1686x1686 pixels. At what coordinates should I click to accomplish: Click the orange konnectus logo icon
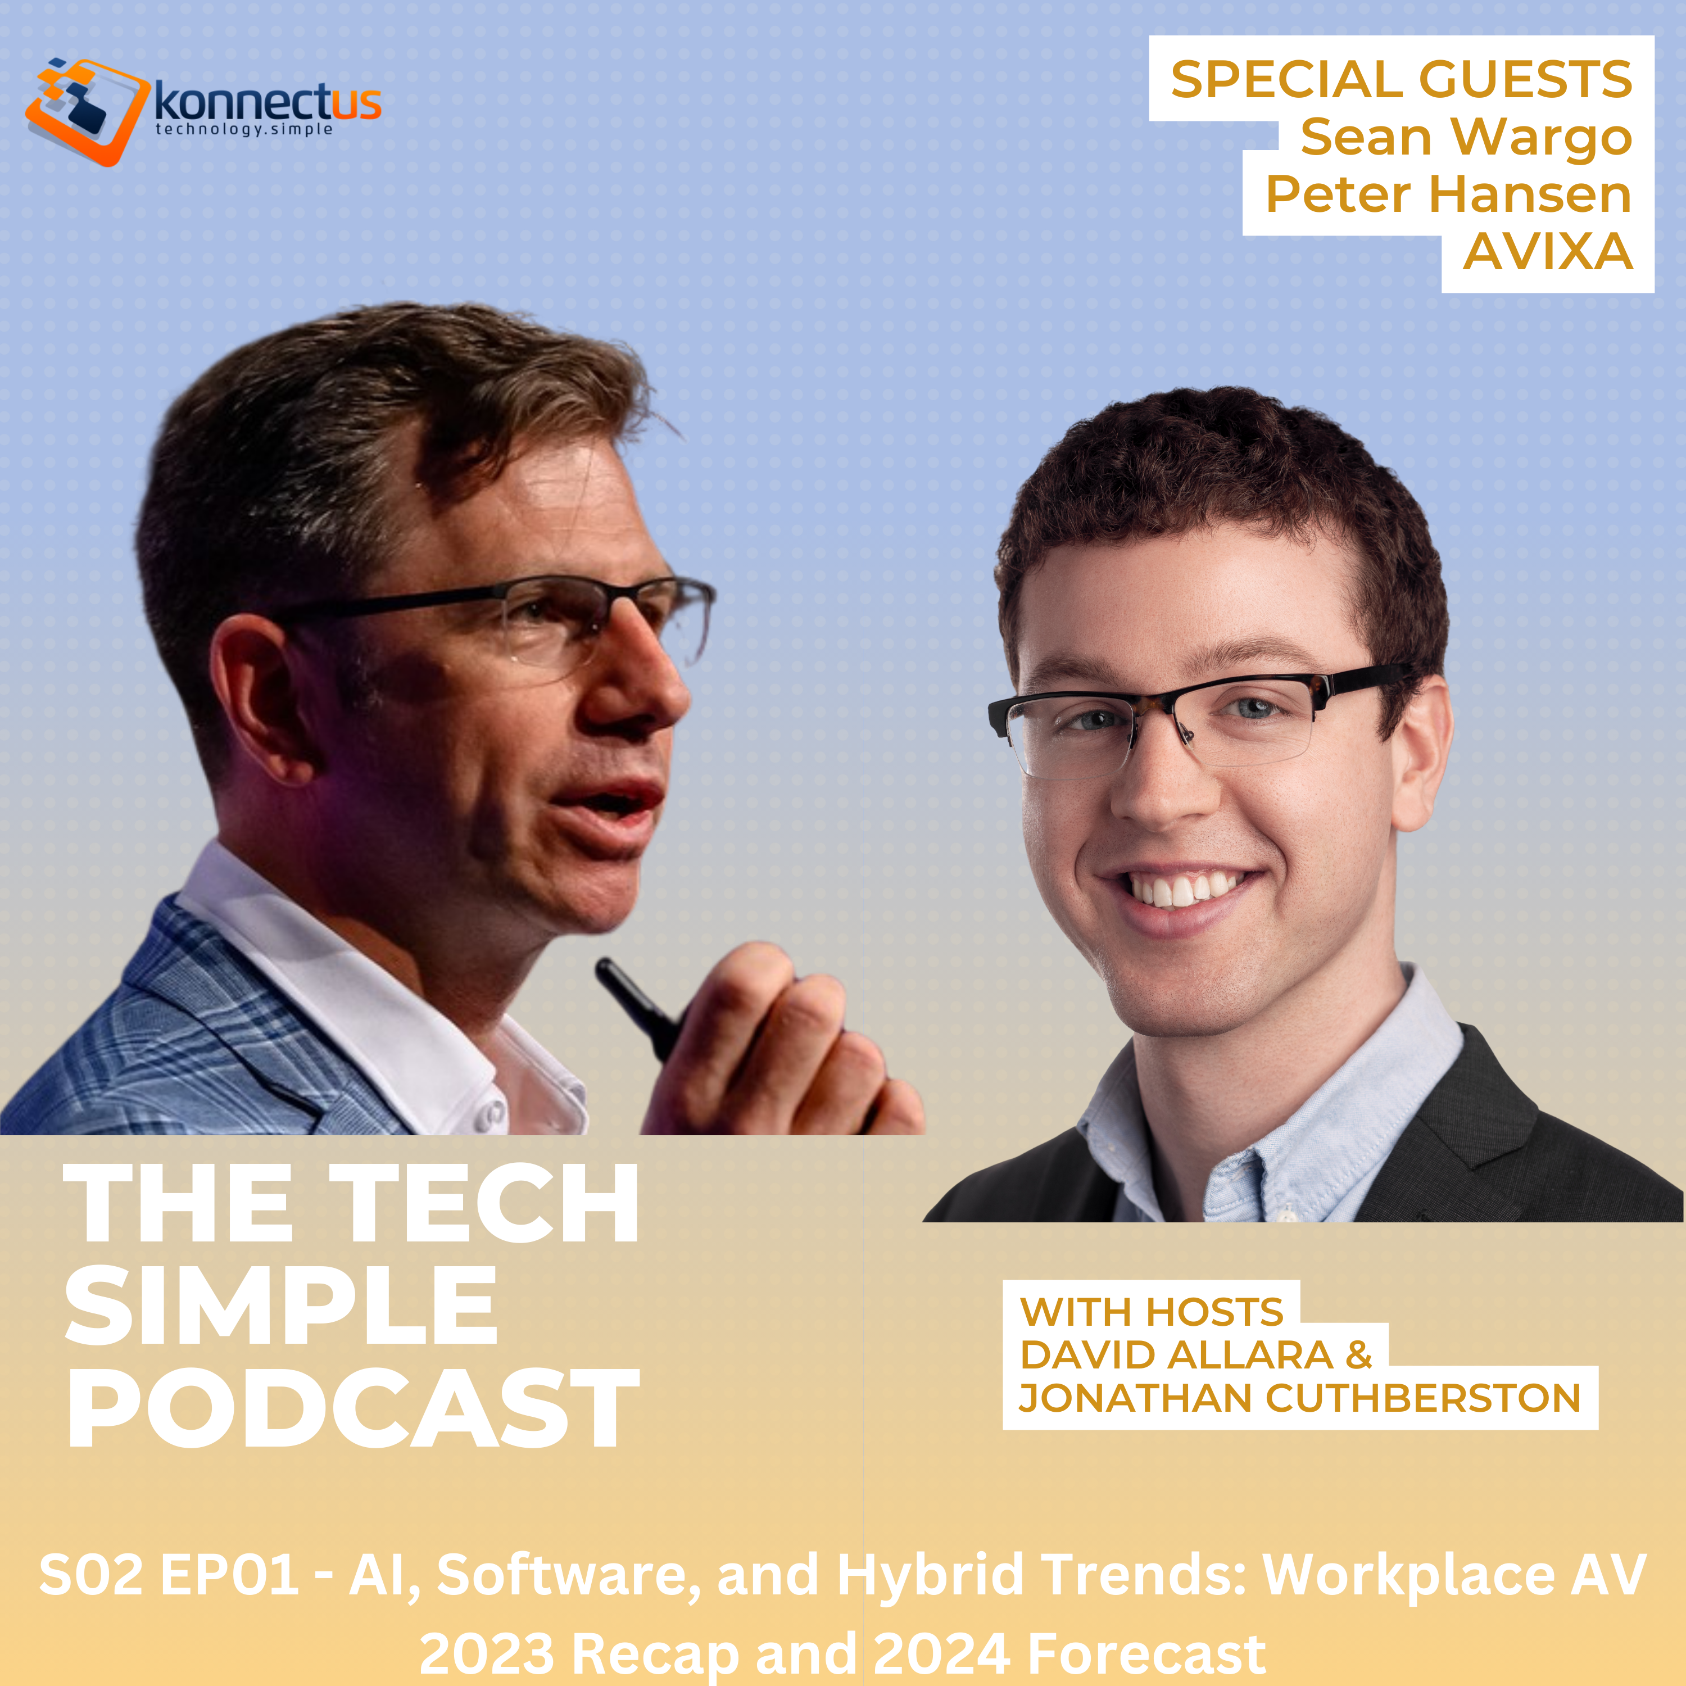(85, 111)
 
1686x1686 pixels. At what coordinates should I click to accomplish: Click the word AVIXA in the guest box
(1547, 252)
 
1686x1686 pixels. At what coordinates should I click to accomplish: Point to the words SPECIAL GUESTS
(1401, 79)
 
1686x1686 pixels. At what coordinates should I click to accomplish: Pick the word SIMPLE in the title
(281, 1307)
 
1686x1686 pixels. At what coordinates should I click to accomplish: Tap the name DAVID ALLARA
(1176, 1354)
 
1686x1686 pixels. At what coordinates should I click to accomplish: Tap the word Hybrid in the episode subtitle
(930, 1575)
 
